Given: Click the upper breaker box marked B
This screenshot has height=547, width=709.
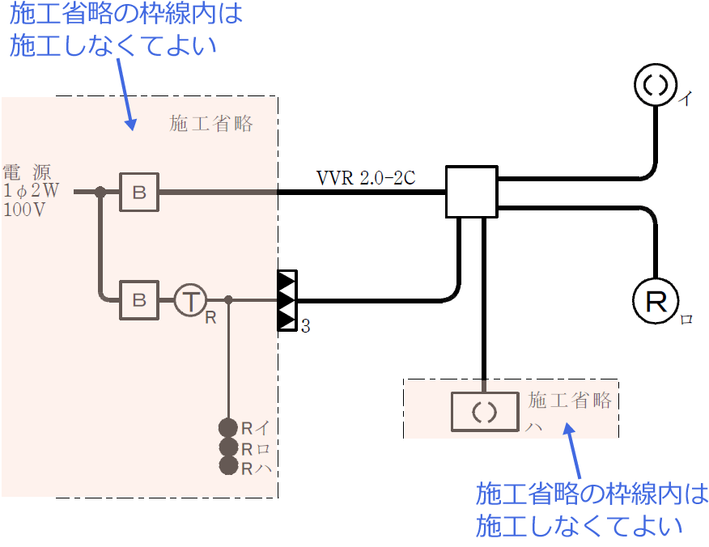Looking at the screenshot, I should [x=139, y=192].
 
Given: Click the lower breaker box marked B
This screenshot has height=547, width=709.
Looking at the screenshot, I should [x=139, y=300].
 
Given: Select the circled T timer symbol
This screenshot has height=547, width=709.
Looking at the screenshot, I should [x=190, y=301].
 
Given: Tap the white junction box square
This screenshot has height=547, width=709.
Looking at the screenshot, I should [x=471, y=192].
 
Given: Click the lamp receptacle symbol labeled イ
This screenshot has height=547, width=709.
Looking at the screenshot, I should [x=654, y=83].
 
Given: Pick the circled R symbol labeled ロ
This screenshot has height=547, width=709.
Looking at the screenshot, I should [x=655, y=301].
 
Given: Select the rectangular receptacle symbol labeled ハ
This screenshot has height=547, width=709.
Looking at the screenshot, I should [x=484, y=412].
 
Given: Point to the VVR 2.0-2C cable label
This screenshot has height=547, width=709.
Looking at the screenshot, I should [x=366, y=178].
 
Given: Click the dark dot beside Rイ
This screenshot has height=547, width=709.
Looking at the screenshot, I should [x=228, y=427].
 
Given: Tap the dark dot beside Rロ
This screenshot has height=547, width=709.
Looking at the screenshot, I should [x=228, y=447].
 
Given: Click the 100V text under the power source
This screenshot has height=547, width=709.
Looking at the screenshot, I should [x=25, y=210].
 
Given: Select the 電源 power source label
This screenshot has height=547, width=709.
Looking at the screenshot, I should [x=28, y=172].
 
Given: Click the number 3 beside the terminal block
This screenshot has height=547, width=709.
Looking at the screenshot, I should [x=305, y=327].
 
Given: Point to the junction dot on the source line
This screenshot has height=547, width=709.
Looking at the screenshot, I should [x=100, y=192].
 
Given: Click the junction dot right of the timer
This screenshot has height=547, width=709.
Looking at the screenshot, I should [x=229, y=300].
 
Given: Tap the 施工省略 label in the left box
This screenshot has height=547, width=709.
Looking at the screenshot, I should [x=211, y=124].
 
